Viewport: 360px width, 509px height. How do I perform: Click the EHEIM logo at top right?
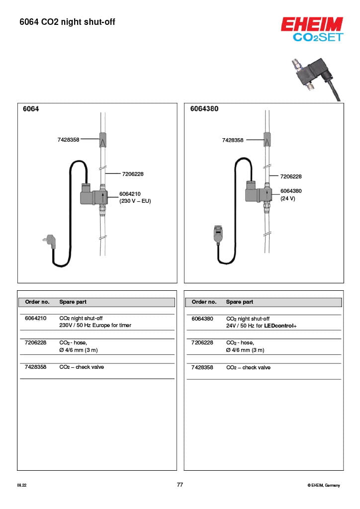pos(312,25)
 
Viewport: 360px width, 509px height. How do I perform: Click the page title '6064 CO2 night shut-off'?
pos(67,22)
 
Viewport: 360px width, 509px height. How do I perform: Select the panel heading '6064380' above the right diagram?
pos(204,109)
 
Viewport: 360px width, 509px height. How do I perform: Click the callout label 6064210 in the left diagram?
pos(130,194)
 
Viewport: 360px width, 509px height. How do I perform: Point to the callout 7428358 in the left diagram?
pos(68,140)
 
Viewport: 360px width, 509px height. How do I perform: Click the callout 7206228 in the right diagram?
pos(291,176)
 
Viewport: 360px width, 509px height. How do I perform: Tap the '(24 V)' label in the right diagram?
pos(288,198)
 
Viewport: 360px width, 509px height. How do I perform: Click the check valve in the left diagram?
pos(102,140)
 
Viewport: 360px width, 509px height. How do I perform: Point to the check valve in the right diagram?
pos(268,140)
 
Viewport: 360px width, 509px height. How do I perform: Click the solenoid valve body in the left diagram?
pos(91,196)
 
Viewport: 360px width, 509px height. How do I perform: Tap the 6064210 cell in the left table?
pos(35,318)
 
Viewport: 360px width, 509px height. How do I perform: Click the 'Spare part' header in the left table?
pos(73,302)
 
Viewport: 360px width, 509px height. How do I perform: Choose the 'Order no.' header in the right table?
pos(204,302)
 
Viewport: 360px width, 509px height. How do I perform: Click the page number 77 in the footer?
pos(180,485)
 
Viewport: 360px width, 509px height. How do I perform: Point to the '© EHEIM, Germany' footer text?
pos(324,485)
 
